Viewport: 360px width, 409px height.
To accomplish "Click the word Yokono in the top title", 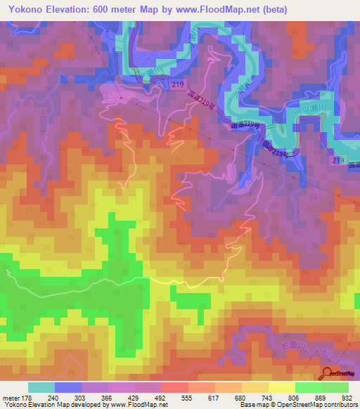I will (x=25, y=10).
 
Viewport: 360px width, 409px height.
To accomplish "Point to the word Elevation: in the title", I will (x=72, y=10).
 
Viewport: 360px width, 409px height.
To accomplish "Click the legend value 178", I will (x=26, y=397).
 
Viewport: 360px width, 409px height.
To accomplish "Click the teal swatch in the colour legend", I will (x=41, y=387).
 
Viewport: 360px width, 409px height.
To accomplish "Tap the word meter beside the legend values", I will (x=11, y=397).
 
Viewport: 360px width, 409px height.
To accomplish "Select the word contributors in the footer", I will (x=338, y=405).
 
